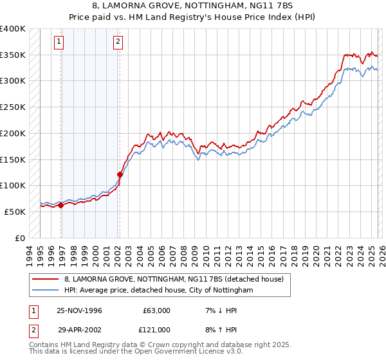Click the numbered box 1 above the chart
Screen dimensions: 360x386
click(59, 42)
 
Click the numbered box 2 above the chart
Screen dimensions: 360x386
click(118, 42)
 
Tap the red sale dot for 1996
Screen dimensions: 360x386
click(60, 205)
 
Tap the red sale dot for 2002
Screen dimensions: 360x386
click(120, 174)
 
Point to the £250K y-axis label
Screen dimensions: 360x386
click(13, 107)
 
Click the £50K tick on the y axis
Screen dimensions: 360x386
click(15, 211)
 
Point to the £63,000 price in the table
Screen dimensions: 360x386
click(154, 310)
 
